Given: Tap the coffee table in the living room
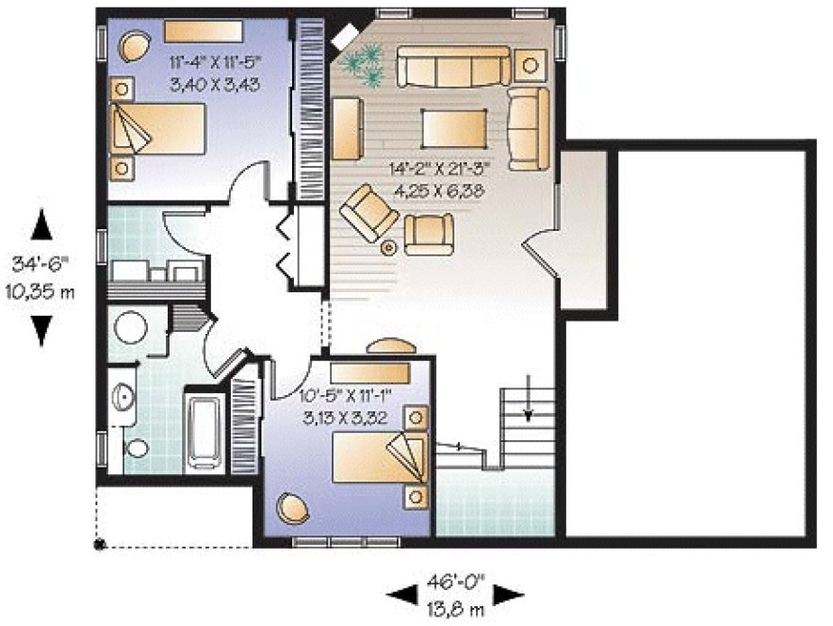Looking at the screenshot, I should (455, 127).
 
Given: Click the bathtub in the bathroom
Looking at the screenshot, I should (204, 430).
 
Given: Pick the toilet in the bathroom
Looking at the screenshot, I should (136, 448).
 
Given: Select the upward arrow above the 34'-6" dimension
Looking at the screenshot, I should (41, 226).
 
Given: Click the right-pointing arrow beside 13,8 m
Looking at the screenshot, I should (508, 594).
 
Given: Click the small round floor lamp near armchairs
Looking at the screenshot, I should (388, 248).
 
